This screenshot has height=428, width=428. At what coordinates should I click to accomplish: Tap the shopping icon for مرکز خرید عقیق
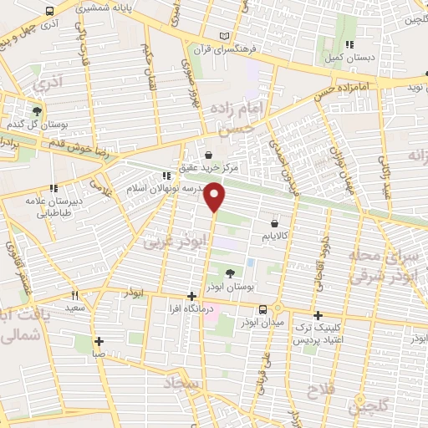[209, 155]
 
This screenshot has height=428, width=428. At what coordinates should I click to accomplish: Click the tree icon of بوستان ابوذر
[231, 272]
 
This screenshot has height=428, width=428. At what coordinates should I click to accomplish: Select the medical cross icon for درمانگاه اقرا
[191, 296]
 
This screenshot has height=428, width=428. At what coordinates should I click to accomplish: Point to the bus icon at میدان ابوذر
[263, 309]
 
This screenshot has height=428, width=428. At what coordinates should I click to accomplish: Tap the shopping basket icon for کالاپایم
[274, 224]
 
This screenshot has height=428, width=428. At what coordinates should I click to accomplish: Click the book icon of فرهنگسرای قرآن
[222, 35]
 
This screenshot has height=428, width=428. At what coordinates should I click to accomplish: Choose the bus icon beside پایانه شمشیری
[50, 13]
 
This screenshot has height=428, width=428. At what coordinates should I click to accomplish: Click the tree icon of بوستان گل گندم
[37, 110]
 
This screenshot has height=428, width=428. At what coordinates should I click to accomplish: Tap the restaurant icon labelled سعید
[74, 295]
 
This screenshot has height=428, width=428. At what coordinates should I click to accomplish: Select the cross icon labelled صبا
[99, 341]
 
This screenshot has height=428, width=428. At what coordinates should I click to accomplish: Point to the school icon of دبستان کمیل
[349, 44]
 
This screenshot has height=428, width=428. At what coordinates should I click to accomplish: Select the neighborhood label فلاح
[320, 390]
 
